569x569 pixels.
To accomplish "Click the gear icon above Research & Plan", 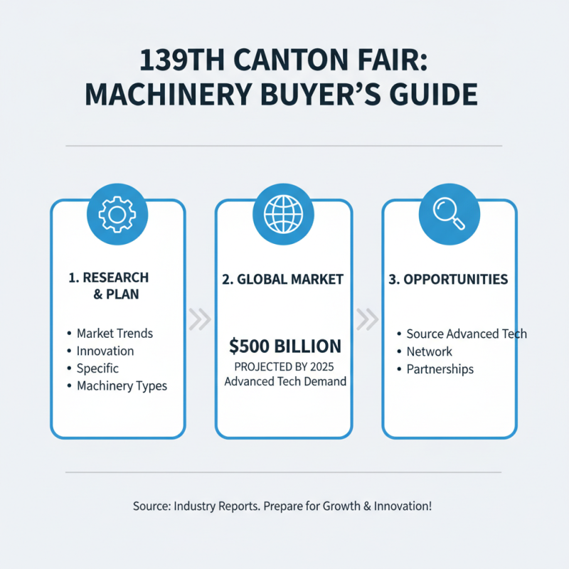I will (x=117, y=211).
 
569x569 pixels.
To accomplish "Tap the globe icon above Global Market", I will (x=283, y=211).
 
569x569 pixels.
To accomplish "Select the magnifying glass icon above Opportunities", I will (x=450, y=211).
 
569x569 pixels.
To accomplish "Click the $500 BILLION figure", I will (x=284, y=346).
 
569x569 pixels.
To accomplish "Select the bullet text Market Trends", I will (x=115, y=333).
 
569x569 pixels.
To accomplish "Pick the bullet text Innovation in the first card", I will (x=105, y=351).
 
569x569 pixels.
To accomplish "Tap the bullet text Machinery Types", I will (x=122, y=386).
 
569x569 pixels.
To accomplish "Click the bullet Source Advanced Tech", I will (x=467, y=334).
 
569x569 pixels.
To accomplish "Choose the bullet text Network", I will (x=429, y=351).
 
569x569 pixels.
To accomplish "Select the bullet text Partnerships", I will (x=440, y=369).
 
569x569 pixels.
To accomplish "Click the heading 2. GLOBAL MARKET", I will (x=284, y=279).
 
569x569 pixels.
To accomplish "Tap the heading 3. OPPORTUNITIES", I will (x=449, y=279).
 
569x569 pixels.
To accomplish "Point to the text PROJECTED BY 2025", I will (x=284, y=367).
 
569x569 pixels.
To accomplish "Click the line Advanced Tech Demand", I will (x=284, y=382).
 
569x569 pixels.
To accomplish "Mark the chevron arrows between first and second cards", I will (x=201, y=320).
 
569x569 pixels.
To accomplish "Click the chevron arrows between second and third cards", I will (x=367, y=320).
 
